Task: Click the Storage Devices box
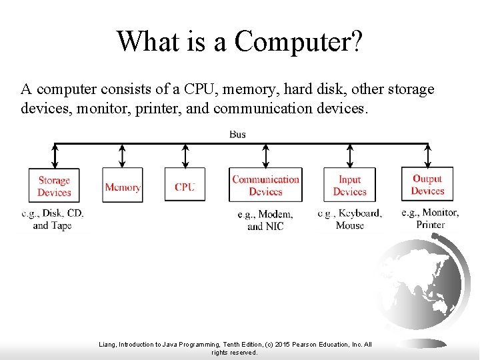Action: (54, 186)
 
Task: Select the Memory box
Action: (123, 187)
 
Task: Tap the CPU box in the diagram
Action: (185, 186)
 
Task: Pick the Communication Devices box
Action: (265, 185)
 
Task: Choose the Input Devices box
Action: (349, 185)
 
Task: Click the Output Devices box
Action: (427, 185)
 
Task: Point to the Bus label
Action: (237, 134)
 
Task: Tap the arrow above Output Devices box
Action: (427, 155)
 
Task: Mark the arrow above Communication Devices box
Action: (265, 155)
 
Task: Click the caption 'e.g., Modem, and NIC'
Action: (265, 220)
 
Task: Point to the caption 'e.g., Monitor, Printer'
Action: (430, 218)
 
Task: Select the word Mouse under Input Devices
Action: (350, 225)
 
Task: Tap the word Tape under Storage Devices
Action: (61, 225)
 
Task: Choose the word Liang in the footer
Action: (107, 345)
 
